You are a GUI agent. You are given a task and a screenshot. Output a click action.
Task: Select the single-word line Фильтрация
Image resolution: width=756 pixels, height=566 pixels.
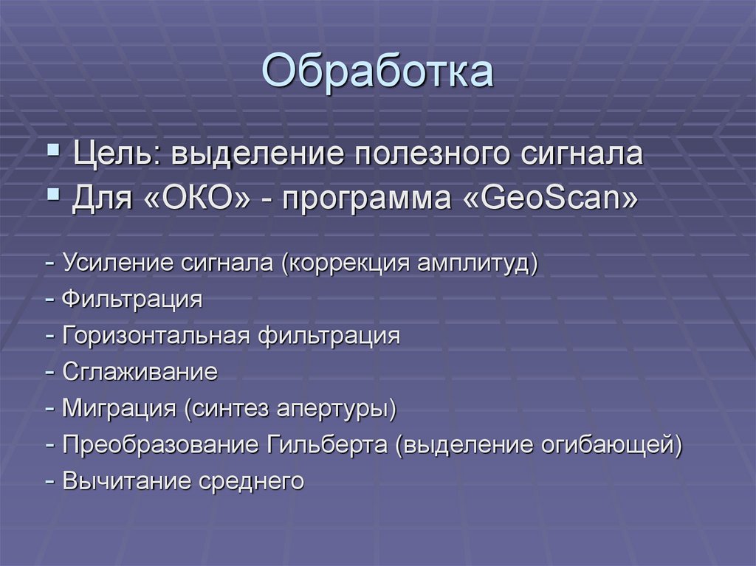pyautogui.click(x=132, y=300)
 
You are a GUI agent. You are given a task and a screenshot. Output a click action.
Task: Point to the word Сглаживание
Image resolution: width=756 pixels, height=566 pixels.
pyautogui.click(x=140, y=372)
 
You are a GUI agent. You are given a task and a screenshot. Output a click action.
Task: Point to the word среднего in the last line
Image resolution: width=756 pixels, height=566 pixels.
pyautogui.click(x=252, y=482)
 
